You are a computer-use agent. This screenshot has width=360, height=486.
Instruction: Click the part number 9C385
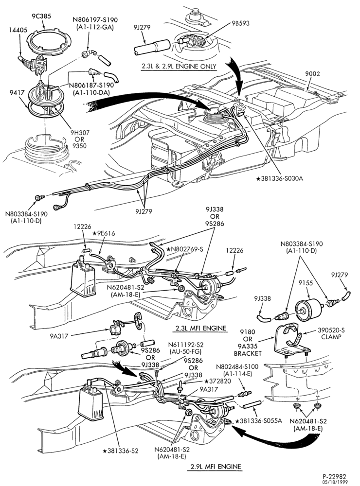[x=41, y=16]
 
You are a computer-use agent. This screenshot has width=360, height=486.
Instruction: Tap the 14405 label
[x=18, y=30]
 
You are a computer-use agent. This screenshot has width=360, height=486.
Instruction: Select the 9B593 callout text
[x=240, y=23]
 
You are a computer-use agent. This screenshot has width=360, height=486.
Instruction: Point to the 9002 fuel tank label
[x=312, y=74]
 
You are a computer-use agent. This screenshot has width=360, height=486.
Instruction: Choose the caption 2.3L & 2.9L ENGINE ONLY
[x=179, y=66]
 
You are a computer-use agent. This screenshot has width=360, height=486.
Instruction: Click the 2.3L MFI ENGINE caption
[x=201, y=328]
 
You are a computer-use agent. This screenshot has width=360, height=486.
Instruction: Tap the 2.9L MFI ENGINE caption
[x=214, y=467]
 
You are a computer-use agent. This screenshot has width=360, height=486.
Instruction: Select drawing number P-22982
[x=334, y=476]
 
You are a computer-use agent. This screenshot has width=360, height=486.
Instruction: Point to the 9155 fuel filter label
[x=306, y=283]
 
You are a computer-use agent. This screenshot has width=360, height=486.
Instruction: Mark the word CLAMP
[x=331, y=337]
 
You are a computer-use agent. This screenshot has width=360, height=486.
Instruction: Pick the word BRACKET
[x=248, y=353]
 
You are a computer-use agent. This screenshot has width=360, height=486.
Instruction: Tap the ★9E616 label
[x=104, y=233]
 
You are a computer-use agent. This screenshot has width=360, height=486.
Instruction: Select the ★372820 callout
[x=217, y=381]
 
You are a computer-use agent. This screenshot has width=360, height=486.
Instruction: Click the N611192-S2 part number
[x=185, y=345]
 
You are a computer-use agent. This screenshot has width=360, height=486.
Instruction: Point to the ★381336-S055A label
[x=258, y=420]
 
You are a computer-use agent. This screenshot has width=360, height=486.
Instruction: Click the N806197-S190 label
[x=95, y=19]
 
